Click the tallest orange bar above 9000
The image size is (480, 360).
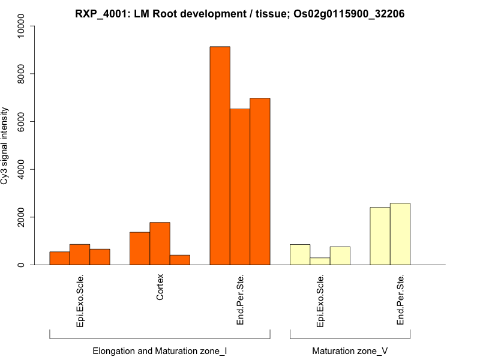pos(220,155)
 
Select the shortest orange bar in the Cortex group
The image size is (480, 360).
pos(179,260)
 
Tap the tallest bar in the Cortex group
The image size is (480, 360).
pos(160,244)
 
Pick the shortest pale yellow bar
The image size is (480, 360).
pos(320,261)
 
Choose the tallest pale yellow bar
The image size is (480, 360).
pos(400,234)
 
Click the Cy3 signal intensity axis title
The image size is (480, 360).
pos(5,146)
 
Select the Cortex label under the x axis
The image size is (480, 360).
pos(160,287)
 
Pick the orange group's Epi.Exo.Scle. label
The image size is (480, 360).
pos(80,301)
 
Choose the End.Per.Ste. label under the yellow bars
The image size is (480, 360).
pos(400,299)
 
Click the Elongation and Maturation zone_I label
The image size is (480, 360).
pos(160,350)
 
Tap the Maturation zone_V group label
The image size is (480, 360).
pos(350,350)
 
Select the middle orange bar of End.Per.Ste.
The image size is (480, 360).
pos(240,187)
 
